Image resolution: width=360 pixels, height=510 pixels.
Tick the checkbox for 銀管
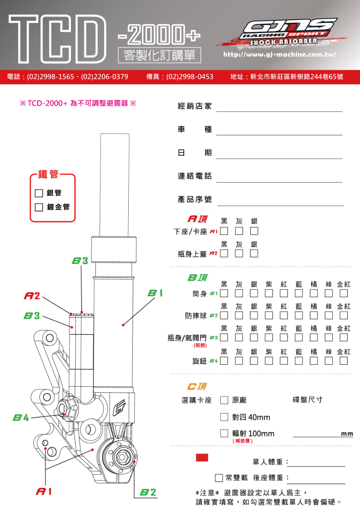click(x=39, y=193)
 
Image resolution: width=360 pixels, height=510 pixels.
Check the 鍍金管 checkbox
click(x=39, y=207)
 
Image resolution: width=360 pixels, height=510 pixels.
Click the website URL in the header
click(x=280, y=55)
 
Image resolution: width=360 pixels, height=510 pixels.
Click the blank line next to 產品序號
click(x=280, y=203)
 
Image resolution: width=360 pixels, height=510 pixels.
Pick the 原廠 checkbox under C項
click(x=224, y=400)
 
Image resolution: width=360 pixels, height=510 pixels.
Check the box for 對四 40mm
click(x=224, y=417)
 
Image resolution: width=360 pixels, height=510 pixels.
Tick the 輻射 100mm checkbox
click(x=224, y=433)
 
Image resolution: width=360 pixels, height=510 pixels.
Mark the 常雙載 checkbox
click(x=219, y=478)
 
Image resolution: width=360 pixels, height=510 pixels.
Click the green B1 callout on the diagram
click(x=155, y=293)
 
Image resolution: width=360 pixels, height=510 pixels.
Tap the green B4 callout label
click(x=21, y=418)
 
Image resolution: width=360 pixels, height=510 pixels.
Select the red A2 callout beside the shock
click(x=32, y=296)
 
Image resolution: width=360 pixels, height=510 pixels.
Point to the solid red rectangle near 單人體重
click(x=202, y=458)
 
